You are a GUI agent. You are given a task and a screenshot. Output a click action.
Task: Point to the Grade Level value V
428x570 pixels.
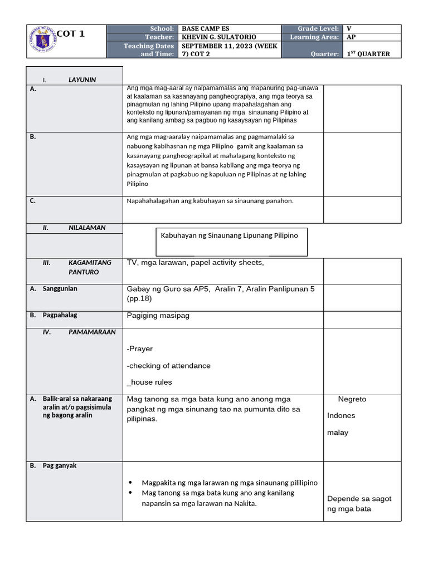349,28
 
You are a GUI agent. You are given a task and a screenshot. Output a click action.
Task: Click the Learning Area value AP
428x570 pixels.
351,37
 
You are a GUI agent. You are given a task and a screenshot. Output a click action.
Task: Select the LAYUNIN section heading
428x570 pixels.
82,80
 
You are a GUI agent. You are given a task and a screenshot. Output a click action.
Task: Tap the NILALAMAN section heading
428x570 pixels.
87,228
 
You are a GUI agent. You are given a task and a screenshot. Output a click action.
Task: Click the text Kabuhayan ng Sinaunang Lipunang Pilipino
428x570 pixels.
229,235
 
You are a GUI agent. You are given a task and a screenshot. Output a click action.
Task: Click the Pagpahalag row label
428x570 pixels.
60,315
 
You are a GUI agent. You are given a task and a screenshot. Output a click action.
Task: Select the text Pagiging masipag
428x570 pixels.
158,316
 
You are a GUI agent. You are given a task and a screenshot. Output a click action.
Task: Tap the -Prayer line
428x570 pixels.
140,349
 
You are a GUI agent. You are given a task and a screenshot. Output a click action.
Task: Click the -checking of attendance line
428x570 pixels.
169,366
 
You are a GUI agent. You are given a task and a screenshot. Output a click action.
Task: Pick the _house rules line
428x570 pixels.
149,382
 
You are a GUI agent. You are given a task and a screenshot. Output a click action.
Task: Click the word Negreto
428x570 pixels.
352,399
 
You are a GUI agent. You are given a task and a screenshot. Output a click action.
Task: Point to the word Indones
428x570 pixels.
341,416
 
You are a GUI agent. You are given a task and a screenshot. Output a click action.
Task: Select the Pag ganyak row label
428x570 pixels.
60,465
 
